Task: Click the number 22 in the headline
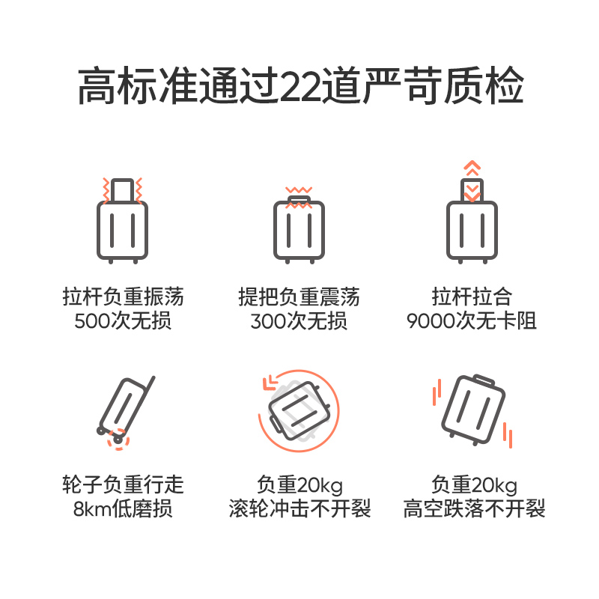tap(303, 88)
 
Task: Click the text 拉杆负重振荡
tap(123, 297)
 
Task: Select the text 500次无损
tap(123, 321)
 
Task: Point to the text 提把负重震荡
tap(299, 297)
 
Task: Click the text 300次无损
tap(299, 321)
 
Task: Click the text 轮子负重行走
tap(123, 484)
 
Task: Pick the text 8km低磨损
tap(123, 509)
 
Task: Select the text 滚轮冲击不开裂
tap(299, 509)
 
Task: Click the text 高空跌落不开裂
tap(475, 509)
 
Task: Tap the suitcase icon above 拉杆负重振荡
tap(123, 228)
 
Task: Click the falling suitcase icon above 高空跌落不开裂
tap(473, 410)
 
